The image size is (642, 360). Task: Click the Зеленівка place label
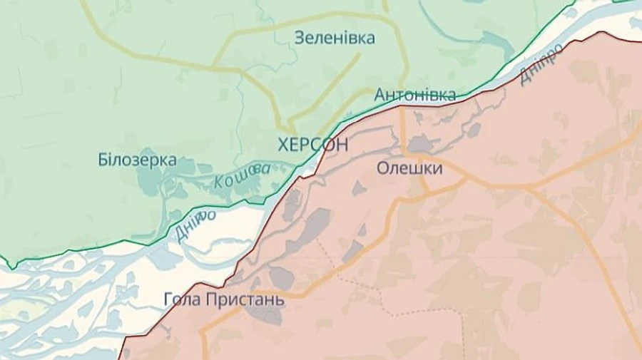(x=335, y=38)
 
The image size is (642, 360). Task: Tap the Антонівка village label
(x=415, y=95)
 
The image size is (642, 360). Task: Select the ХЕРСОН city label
(x=313, y=145)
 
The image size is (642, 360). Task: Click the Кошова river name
(x=243, y=175)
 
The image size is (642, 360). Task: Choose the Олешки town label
(x=409, y=168)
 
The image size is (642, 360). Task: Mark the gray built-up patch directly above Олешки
(x=420, y=145)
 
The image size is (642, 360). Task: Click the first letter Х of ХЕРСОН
(x=284, y=145)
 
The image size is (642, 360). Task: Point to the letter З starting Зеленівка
(x=300, y=38)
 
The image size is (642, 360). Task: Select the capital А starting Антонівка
(x=379, y=95)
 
